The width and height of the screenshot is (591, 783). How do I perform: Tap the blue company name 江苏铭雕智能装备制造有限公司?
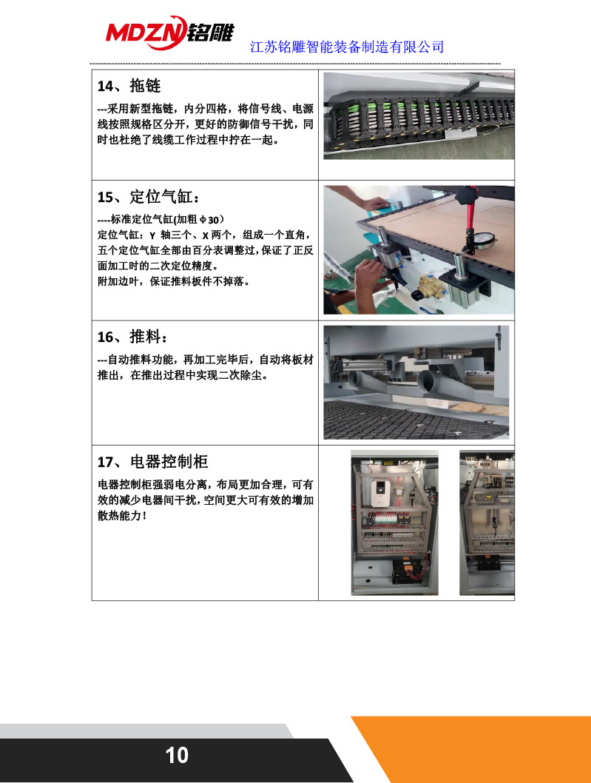pos(348,47)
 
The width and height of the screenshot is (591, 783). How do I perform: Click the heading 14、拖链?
pos(129,85)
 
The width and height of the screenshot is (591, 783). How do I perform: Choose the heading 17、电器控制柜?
pos(153,463)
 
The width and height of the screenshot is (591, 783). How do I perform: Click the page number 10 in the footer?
pos(177,756)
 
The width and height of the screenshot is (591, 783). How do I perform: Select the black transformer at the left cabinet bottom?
pos(405,571)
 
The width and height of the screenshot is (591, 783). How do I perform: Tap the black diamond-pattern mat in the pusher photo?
pos(414,419)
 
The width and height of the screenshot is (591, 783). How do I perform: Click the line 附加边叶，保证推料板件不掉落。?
pos(173,281)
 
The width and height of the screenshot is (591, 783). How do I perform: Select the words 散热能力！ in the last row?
pos(123,515)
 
